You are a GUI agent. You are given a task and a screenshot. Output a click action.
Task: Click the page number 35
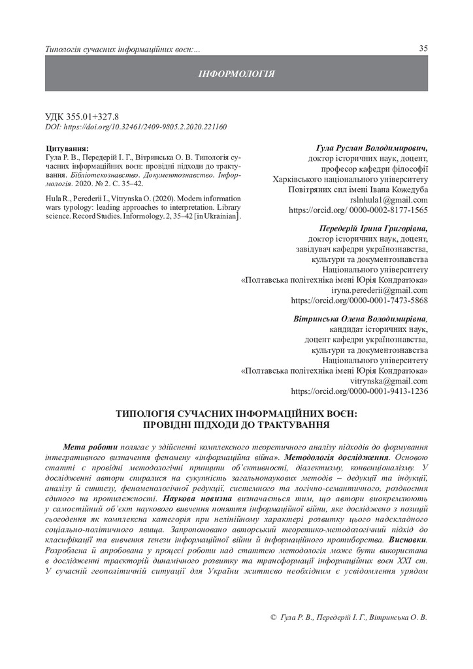(x=423, y=49)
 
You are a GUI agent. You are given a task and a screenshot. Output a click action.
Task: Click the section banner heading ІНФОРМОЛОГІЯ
(x=236, y=74)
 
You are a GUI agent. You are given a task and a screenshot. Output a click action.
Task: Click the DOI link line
(x=135, y=126)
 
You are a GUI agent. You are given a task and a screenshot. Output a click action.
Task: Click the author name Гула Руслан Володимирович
(x=372, y=148)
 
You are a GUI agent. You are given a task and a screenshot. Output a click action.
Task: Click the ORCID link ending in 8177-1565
(x=358, y=210)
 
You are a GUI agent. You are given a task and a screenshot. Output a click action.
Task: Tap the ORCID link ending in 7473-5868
(x=359, y=301)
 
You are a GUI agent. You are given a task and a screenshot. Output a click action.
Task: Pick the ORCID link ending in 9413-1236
(x=359, y=391)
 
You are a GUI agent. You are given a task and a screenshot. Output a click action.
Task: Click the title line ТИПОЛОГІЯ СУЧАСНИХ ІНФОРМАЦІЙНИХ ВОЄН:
(x=236, y=414)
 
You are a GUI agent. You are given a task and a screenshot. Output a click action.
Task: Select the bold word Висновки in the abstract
(x=408, y=542)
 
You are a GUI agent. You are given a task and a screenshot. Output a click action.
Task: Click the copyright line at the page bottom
(x=348, y=617)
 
